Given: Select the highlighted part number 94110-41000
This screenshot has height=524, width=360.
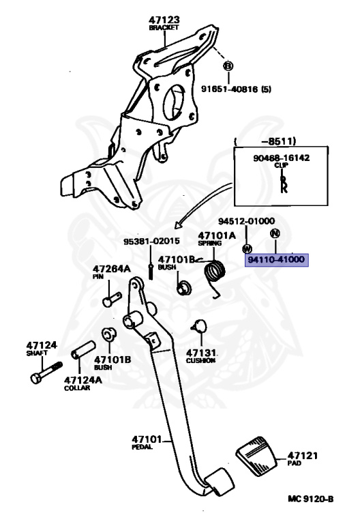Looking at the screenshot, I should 277,261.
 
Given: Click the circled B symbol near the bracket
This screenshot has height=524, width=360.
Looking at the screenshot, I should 229,66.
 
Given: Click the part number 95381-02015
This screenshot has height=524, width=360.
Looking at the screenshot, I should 151,242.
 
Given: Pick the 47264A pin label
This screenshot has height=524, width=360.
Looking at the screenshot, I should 111,269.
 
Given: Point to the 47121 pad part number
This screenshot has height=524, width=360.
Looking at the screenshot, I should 302,455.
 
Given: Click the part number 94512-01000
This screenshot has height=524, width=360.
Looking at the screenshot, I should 246,221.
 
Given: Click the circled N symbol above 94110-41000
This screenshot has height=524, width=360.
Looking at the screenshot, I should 275,233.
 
